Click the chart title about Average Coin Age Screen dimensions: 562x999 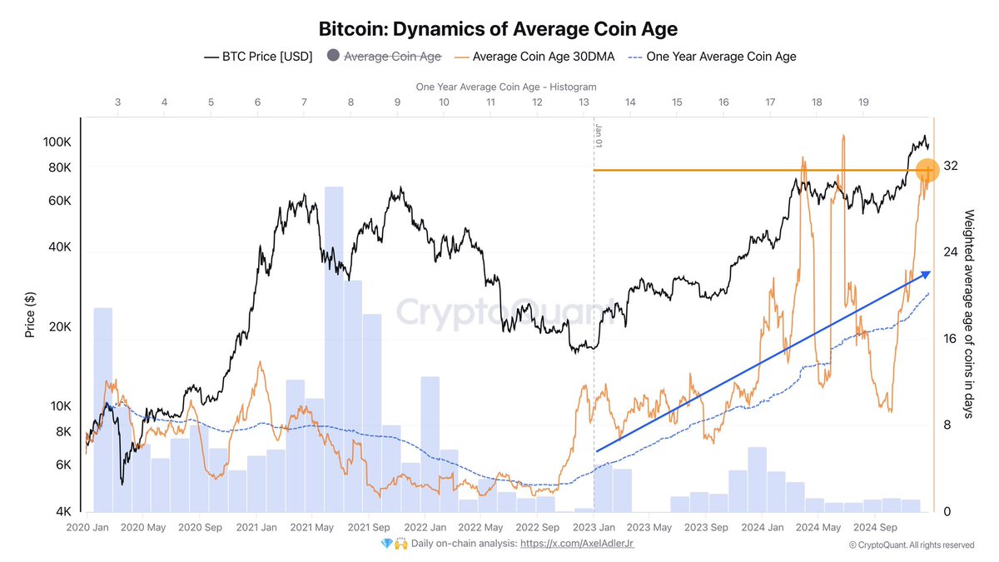point(498,29)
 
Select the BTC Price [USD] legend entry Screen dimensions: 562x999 point(258,57)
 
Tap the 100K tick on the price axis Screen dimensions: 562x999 point(57,142)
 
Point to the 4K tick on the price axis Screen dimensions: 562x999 point(63,512)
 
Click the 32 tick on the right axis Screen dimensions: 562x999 point(951,166)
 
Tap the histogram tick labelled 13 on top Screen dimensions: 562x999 point(584,102)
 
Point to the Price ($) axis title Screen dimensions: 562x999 point(30,315)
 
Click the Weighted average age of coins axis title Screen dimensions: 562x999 point(969,314)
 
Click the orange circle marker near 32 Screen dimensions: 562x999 point(927,170)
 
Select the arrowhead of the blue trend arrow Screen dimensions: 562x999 point(927,274)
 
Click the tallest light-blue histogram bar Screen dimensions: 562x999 point(334,350)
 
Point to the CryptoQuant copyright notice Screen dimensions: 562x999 point(911,545)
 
